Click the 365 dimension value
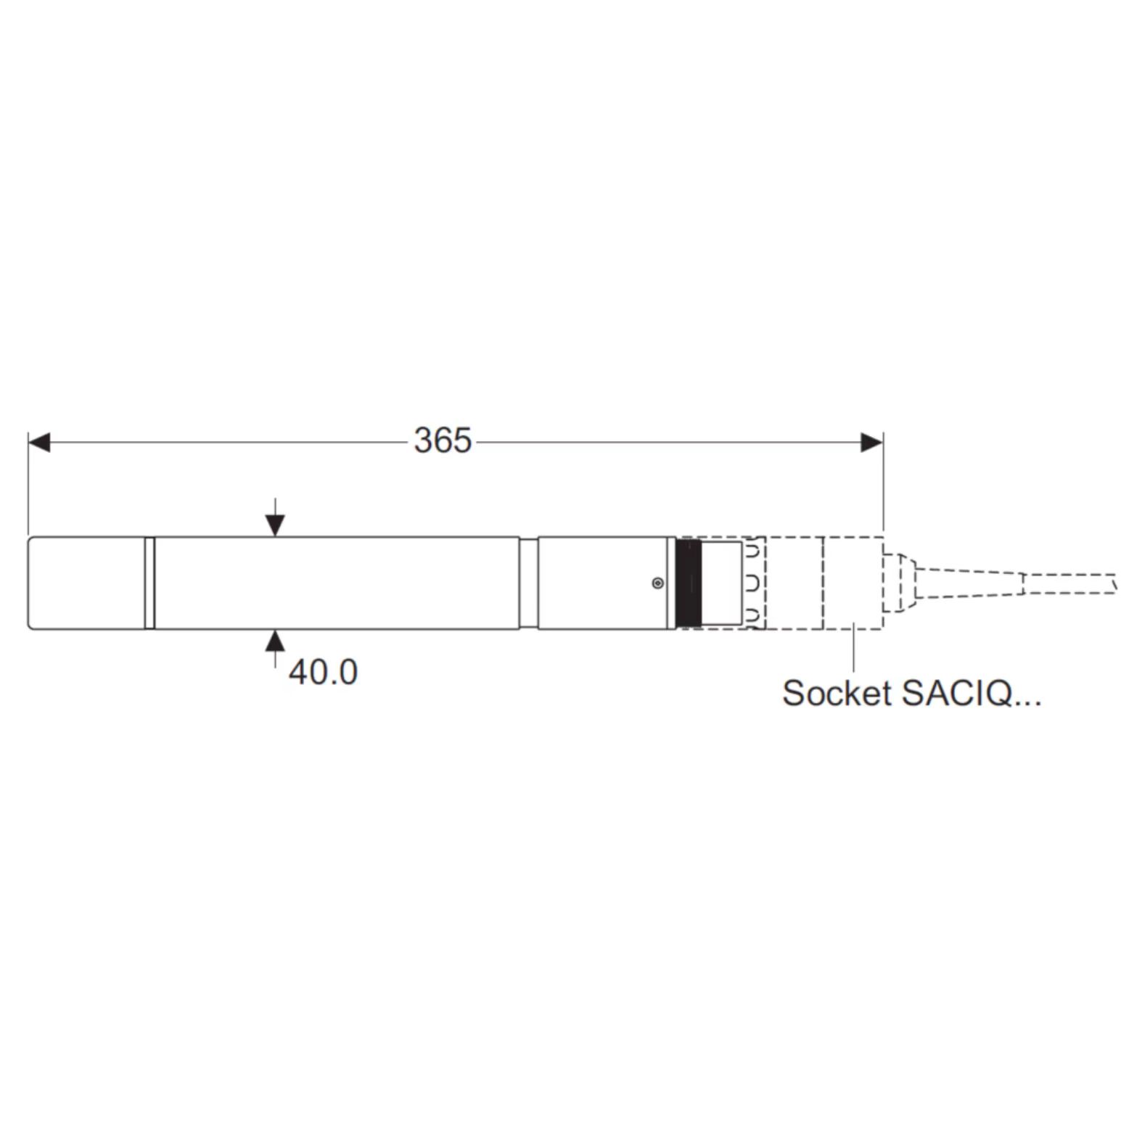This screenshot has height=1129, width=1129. click(443, 440)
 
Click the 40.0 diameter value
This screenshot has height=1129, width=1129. click(323, 672)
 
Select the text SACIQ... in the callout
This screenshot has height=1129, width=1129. click(971, 693)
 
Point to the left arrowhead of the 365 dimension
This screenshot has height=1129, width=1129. click(39, 442)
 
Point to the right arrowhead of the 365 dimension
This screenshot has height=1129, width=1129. click(872, 442)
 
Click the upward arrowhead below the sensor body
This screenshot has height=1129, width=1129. click(275, 641)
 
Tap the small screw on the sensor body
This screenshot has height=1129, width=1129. click(657, 583)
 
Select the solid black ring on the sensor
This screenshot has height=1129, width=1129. click(689, 583)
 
